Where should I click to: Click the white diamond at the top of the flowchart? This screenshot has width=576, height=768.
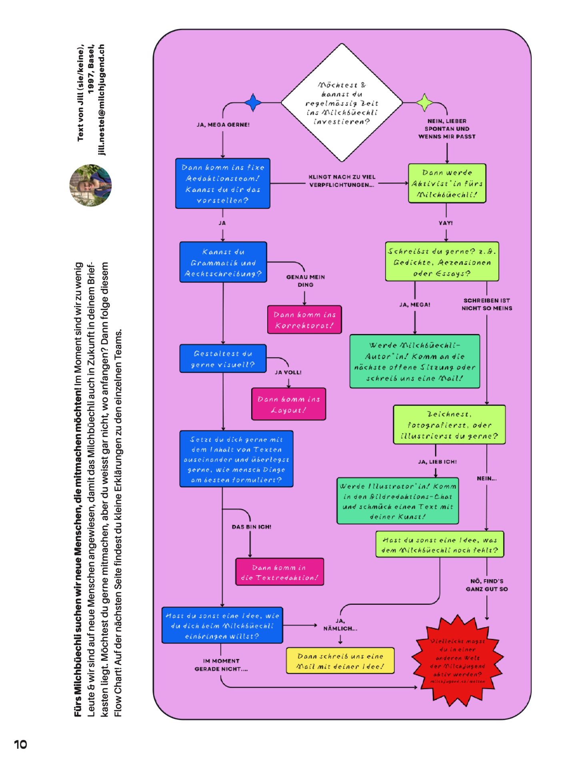coord(342,103)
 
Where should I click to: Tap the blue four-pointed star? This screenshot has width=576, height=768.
coord(253,103)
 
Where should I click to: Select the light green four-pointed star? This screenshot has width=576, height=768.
coord(425,103)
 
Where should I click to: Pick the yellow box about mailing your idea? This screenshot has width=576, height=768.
coord(340,661)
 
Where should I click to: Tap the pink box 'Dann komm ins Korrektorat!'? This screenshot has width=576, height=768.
coord(304,320)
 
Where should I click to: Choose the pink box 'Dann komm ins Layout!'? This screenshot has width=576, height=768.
coord(288,404)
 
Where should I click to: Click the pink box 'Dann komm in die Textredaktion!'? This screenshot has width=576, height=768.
coord(279,572)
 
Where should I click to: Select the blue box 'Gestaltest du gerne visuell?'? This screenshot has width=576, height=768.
coord(223,359)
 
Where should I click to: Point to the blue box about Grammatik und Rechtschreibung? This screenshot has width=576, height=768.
coord(223,262)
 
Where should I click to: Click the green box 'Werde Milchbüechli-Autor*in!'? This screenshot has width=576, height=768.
coord(414,362)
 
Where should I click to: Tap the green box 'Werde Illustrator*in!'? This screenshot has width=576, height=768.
coord(398,501)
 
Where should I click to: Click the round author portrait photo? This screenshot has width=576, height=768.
coord(90,185)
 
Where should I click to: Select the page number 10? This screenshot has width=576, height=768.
coord(20,744)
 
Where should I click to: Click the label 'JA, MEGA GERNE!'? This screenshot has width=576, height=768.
coord(223,125)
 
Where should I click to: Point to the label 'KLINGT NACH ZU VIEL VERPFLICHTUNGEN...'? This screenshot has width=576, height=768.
coord(342,181)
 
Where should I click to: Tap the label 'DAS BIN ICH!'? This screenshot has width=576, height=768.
coord(251,527)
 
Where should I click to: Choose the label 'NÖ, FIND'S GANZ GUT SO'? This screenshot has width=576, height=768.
coord(486,585)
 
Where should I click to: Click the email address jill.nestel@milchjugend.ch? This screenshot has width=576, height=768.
coord(102,100)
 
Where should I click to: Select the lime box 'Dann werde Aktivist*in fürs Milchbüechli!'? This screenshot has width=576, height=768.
coord(447,184)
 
